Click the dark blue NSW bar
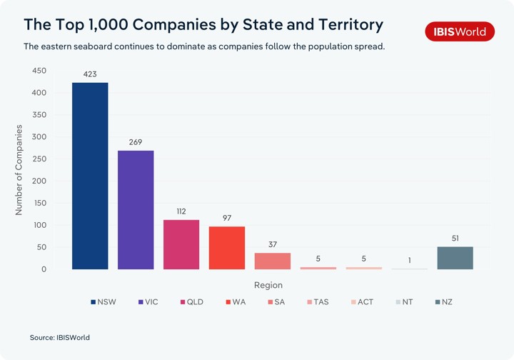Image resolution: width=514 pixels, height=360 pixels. (x=90, y=176)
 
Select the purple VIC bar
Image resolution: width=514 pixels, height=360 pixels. (x=136, y=210)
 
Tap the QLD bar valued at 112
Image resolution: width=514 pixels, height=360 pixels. (x=181, y=244)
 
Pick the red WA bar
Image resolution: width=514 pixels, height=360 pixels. (x=227, y=248)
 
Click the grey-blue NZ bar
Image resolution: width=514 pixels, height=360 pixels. (x=455, y=258)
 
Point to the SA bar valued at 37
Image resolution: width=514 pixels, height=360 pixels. (x=273, y=261)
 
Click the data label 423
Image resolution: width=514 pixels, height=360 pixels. (x=90, y=74)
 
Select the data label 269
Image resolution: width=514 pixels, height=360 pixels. (x=136, y=142)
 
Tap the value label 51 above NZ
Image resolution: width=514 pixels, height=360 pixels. (x=455, y=238)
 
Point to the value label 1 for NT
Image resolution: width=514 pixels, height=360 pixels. (x=410, y=260)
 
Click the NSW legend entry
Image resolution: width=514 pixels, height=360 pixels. (x=103, y=302)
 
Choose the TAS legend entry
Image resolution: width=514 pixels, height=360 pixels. (x=317, y=302)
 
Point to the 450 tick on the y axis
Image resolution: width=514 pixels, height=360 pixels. (x=39, y=71)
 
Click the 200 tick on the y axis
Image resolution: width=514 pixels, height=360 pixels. (x=39, y=181)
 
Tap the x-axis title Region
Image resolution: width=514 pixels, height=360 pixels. (x=268, y=285)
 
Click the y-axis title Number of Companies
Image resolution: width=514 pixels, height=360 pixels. (x=19, y=170)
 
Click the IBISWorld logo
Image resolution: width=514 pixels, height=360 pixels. (x=460, y=31)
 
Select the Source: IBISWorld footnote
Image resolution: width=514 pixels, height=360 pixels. (x=60, y=337)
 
